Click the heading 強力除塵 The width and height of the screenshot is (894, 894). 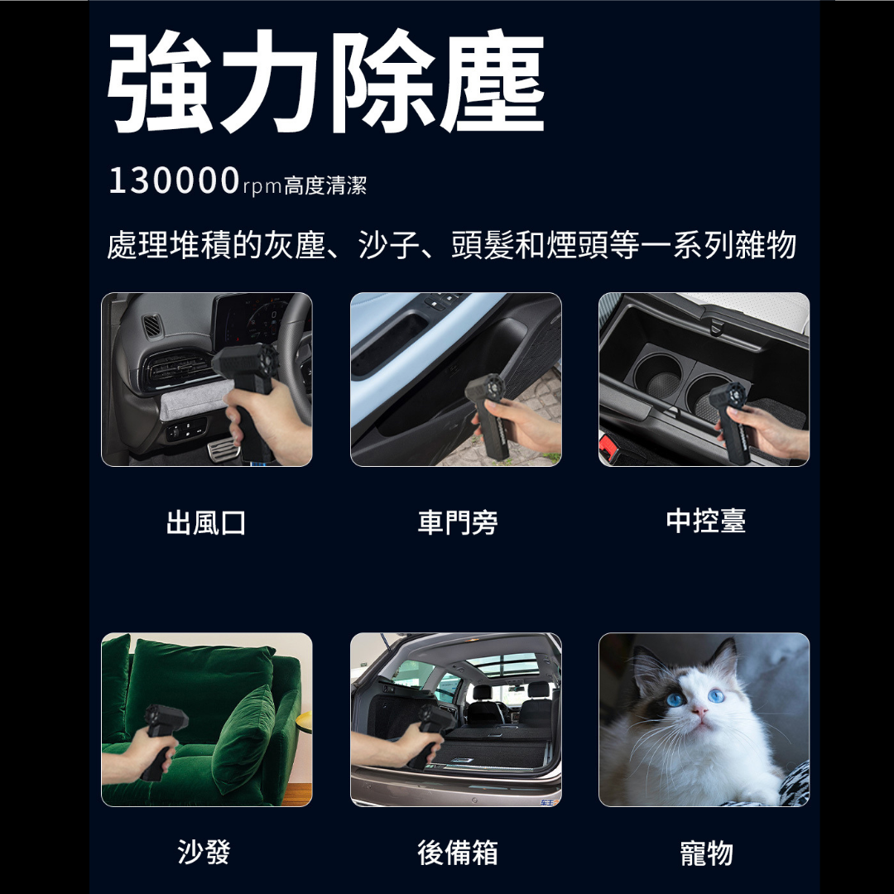(x=325, y=81)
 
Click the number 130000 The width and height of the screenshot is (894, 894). (x=173, y=180)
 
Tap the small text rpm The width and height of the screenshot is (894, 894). (x=262, y=186)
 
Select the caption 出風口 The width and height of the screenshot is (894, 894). (x=206, y=522)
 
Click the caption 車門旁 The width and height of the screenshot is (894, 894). (x=457, y=522)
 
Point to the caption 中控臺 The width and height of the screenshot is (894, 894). (x=706, y=521)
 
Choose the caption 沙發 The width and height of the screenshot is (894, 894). (x=204, y=852)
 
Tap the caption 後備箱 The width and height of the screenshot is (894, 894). (x=457, y=853)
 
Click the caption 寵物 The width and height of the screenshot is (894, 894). (x=706, y=853)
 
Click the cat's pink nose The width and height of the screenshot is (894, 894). (x=699, y=710)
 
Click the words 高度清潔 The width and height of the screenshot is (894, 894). (x=325, y=185)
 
